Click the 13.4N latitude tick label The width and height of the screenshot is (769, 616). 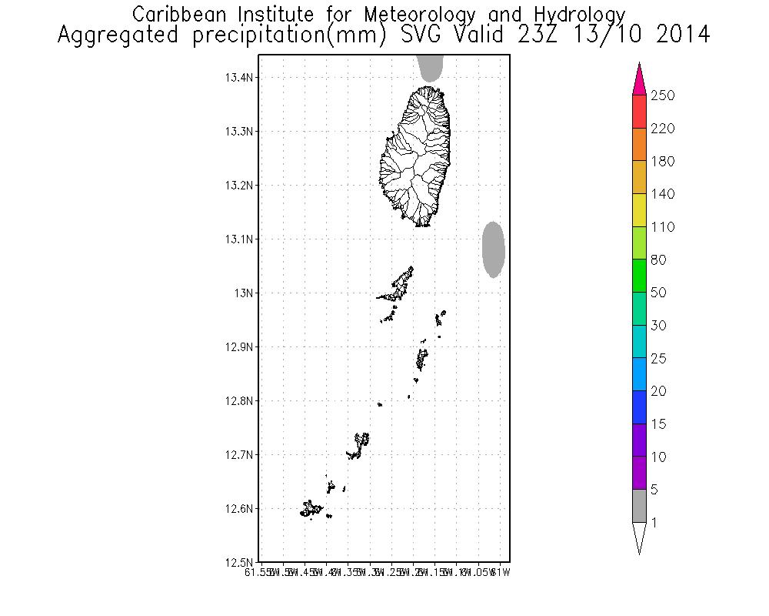click(240, 78)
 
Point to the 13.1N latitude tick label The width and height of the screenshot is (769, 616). click(240, 239)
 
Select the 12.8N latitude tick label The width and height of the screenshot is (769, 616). click(240, 401)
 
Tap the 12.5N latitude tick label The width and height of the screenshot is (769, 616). click(240, 562)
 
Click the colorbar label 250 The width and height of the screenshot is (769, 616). click(662, 95)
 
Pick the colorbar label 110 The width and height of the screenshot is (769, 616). click(662, 227)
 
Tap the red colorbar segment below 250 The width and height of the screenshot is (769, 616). click(639, 112)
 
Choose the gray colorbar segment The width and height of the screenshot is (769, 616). click(639, 506)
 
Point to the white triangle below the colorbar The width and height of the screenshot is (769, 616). click(639, 537)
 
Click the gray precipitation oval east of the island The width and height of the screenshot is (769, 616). click(493, 249)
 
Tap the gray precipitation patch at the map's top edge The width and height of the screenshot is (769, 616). click(431, 68)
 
